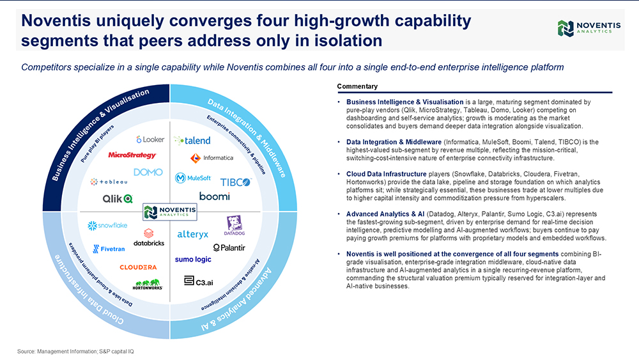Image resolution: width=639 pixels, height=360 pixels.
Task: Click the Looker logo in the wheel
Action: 150,139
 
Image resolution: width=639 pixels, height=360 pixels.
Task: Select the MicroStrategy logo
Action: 132,155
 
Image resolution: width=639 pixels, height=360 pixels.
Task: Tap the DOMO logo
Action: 148,172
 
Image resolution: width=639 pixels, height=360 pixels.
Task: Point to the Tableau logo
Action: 109,182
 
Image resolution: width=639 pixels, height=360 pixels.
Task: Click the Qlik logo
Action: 118,199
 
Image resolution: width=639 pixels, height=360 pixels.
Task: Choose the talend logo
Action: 192,141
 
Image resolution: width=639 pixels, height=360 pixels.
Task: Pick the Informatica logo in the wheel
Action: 212,158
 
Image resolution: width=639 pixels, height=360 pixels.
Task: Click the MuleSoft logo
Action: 193,178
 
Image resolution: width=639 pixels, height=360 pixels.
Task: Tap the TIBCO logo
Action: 236,182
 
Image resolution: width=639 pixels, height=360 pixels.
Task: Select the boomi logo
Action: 214,196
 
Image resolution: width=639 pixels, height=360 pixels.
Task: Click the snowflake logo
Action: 107,226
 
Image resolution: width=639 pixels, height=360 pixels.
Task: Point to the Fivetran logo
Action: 109,249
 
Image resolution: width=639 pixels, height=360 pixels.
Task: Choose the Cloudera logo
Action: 138,267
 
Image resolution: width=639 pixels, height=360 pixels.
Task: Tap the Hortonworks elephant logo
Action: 148,285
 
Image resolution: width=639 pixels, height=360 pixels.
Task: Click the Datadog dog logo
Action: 235,226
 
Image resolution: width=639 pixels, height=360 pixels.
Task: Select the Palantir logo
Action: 229,247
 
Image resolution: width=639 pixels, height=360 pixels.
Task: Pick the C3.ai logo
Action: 199,281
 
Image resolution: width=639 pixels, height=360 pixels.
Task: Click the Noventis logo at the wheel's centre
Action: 170,212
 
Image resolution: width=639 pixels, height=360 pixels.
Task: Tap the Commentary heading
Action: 357,86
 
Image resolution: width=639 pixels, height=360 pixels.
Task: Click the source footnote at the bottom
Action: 75,352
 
